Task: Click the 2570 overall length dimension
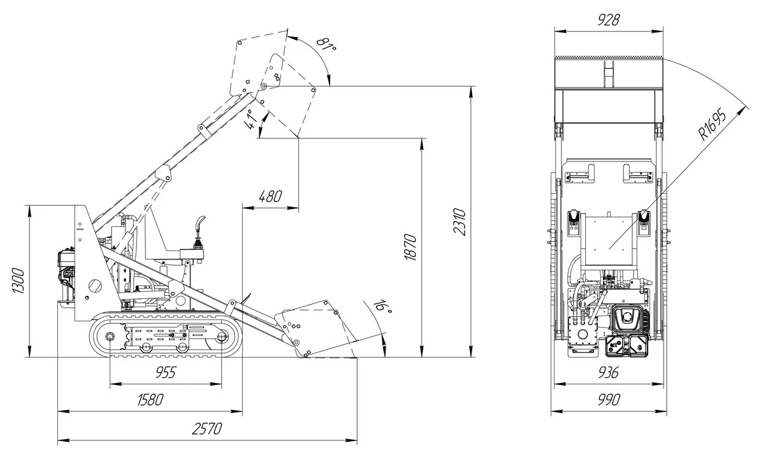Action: pos(207,429)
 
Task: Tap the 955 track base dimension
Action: pos(166,372)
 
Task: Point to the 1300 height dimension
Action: pos(18,280)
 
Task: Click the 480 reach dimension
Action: pos(270,196)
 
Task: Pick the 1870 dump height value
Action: pos(410,247)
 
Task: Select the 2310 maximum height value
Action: pos(460,222)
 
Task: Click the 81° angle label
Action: pos(326,45)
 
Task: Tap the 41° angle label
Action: pos(250,119)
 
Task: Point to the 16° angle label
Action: pos(382,306)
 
